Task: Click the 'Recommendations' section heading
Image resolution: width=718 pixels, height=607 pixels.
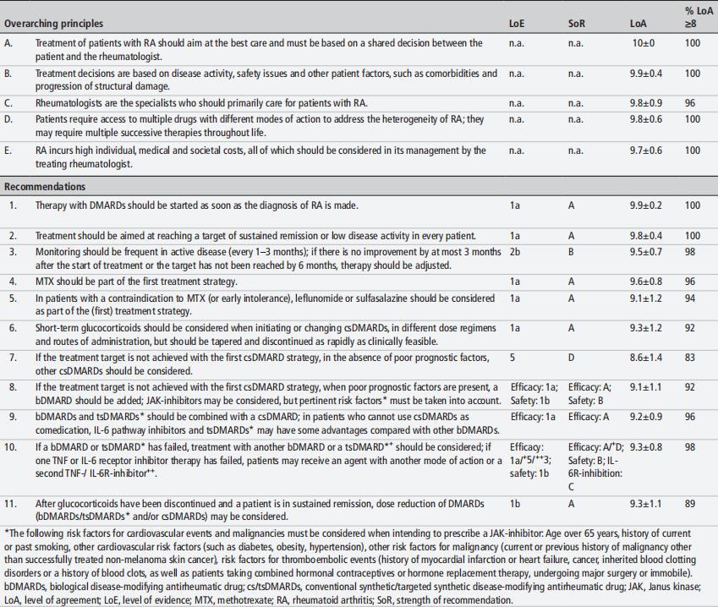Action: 45,186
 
